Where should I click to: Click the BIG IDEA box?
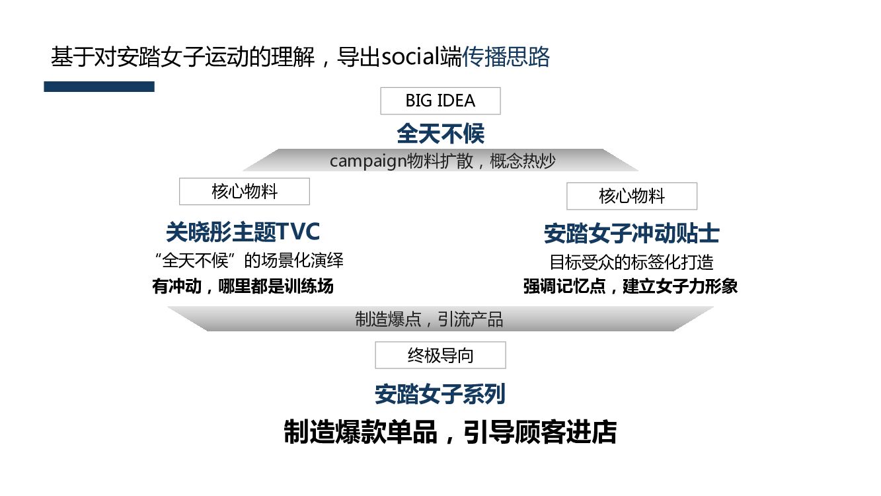(x=440, y=101)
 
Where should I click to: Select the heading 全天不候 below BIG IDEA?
(x=440, y=134)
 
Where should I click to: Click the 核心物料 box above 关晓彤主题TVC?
(x=244, y=192)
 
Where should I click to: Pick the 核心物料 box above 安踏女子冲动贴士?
(x=631, y=196)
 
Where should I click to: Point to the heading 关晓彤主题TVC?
(x=243, y=232)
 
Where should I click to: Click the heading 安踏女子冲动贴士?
(x=631, y=233)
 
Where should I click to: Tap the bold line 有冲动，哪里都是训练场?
(x=243, y=286)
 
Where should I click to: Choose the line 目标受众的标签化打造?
(x=631, y=262)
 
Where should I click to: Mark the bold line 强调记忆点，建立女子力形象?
(x=631, y=286)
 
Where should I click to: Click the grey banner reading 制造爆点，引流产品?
(x=440, y=319)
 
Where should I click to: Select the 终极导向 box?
(x=440, y=355)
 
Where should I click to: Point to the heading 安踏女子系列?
(x=440, y=394)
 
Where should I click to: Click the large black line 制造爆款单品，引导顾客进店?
(x=449, y=432)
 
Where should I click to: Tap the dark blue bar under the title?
(x=99, y=87)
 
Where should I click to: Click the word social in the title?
(x=411, y=58)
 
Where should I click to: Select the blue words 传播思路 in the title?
(x=506, y=58)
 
